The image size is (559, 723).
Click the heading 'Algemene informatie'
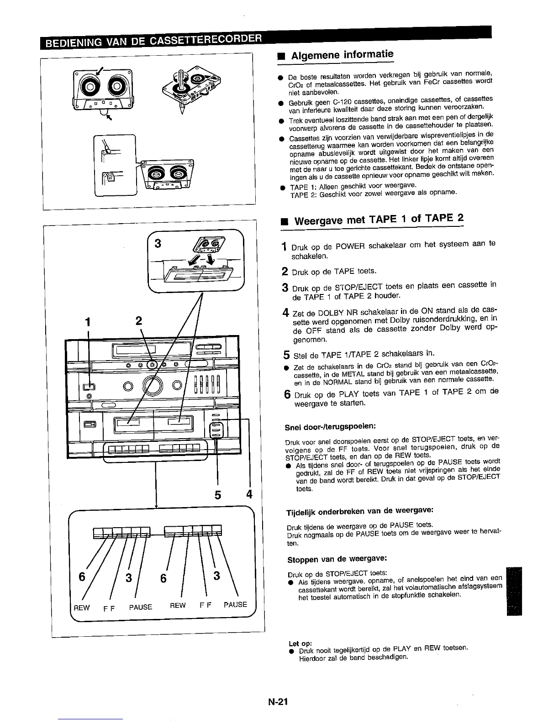[x=342, y=56]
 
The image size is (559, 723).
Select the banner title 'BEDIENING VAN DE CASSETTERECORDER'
[x=153, y=42]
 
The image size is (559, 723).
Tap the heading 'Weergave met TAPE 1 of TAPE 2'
[x=379, y=220]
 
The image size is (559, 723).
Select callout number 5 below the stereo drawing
[x=218, y=495]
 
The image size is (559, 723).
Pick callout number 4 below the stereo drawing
[x=249, y=495]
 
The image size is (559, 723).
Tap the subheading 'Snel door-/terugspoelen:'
[x=330, y=426]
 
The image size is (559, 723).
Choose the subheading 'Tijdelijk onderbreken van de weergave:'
[x=360, y=510]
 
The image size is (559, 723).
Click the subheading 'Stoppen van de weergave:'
[x=338, y=559]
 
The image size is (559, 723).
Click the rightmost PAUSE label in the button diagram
[x=235, y=605]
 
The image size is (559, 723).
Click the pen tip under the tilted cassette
[x=181, y=111]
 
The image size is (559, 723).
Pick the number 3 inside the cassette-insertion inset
[x=158, y=243]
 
